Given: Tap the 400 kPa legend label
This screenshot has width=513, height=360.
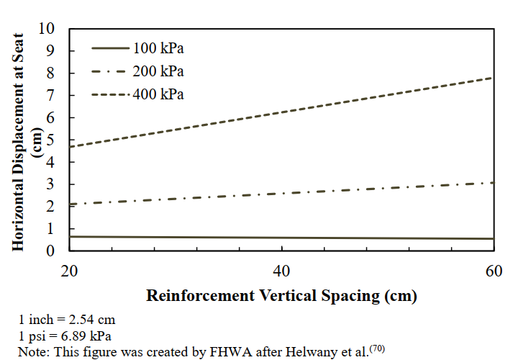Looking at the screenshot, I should click(158, 94).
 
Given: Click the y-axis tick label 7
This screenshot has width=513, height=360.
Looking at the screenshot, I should click(50, 95).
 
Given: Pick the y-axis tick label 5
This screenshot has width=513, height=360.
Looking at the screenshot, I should click(50, 140).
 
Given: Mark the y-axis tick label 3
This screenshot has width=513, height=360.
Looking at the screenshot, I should click(50, 184).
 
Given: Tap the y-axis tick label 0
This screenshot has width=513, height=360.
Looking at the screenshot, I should click(50, 251).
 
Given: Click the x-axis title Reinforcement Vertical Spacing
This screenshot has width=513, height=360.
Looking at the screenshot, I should click(282, 296).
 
